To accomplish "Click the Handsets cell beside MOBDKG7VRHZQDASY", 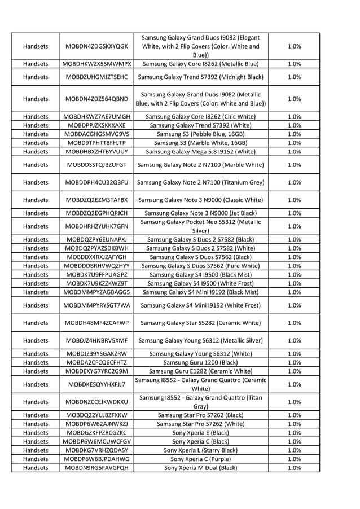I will pos(35,450).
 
